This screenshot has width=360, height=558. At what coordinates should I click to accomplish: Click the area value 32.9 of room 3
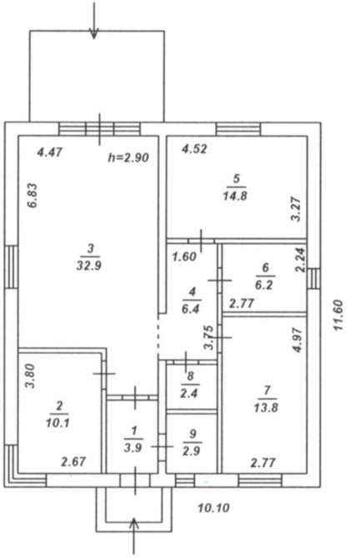88,266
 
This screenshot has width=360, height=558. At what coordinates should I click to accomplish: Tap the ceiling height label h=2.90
128,157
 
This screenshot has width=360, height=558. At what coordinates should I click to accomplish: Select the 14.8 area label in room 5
235,196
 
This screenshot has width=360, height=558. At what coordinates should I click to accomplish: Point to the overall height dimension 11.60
338,316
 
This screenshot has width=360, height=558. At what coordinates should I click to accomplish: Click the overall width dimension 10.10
213,508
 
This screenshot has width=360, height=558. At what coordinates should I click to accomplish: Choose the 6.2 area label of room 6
264,286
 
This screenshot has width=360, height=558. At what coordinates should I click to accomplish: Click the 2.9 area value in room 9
191,451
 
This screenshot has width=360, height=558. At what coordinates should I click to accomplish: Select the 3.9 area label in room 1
133,448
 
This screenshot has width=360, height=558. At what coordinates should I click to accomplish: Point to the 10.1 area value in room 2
57,423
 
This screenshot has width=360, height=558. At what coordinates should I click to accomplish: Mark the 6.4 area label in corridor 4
191,308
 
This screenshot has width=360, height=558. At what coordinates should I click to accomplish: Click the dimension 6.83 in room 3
32,196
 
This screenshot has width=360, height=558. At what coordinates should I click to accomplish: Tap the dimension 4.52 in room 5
194,148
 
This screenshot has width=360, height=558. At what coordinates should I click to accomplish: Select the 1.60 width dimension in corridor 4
184,257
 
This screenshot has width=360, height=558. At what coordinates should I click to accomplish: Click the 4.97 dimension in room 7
297,340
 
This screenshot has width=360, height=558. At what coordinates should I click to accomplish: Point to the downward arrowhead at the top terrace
93,33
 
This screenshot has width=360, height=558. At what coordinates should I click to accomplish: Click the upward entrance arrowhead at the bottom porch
134,523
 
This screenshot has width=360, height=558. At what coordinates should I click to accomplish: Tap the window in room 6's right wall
313,278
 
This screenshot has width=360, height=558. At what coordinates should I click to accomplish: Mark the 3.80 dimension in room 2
31,376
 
